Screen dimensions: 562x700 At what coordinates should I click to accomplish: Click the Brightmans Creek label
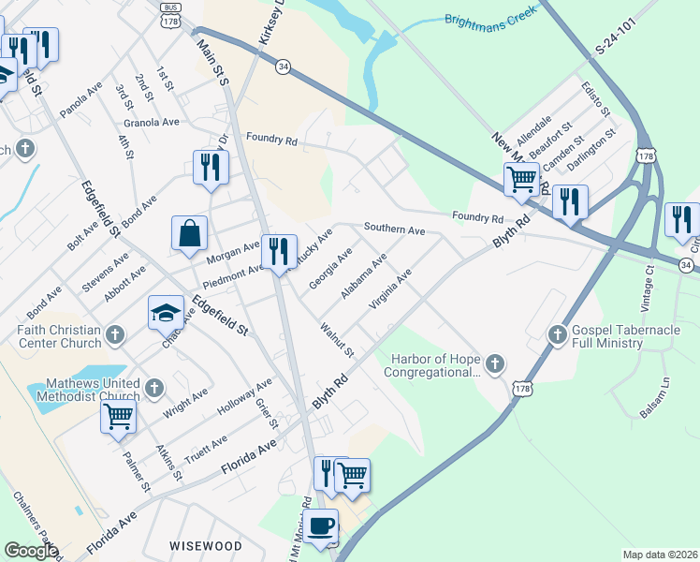(x=486, y=19)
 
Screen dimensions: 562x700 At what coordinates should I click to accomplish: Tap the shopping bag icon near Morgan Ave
(x=189, y=234)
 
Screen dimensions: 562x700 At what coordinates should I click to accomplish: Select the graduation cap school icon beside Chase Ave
(x=166, y=313)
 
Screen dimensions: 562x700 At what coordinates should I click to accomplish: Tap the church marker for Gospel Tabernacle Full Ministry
(x=557, y=333)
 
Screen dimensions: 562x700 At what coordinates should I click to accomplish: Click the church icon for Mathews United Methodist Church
(x=154, y=387)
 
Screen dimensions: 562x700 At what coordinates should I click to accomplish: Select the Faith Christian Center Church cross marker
(x=115, y=334)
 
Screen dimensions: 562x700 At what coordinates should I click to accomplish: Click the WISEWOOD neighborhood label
(x=205, y=545)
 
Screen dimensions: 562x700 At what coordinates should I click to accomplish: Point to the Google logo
(x=31, y=551)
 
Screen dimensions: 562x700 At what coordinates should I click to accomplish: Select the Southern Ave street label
(x=394, y=229)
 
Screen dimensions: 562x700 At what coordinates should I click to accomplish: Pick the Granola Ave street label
(x=151, y=122)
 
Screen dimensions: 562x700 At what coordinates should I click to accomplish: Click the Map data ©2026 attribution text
(x=660, y=555)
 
